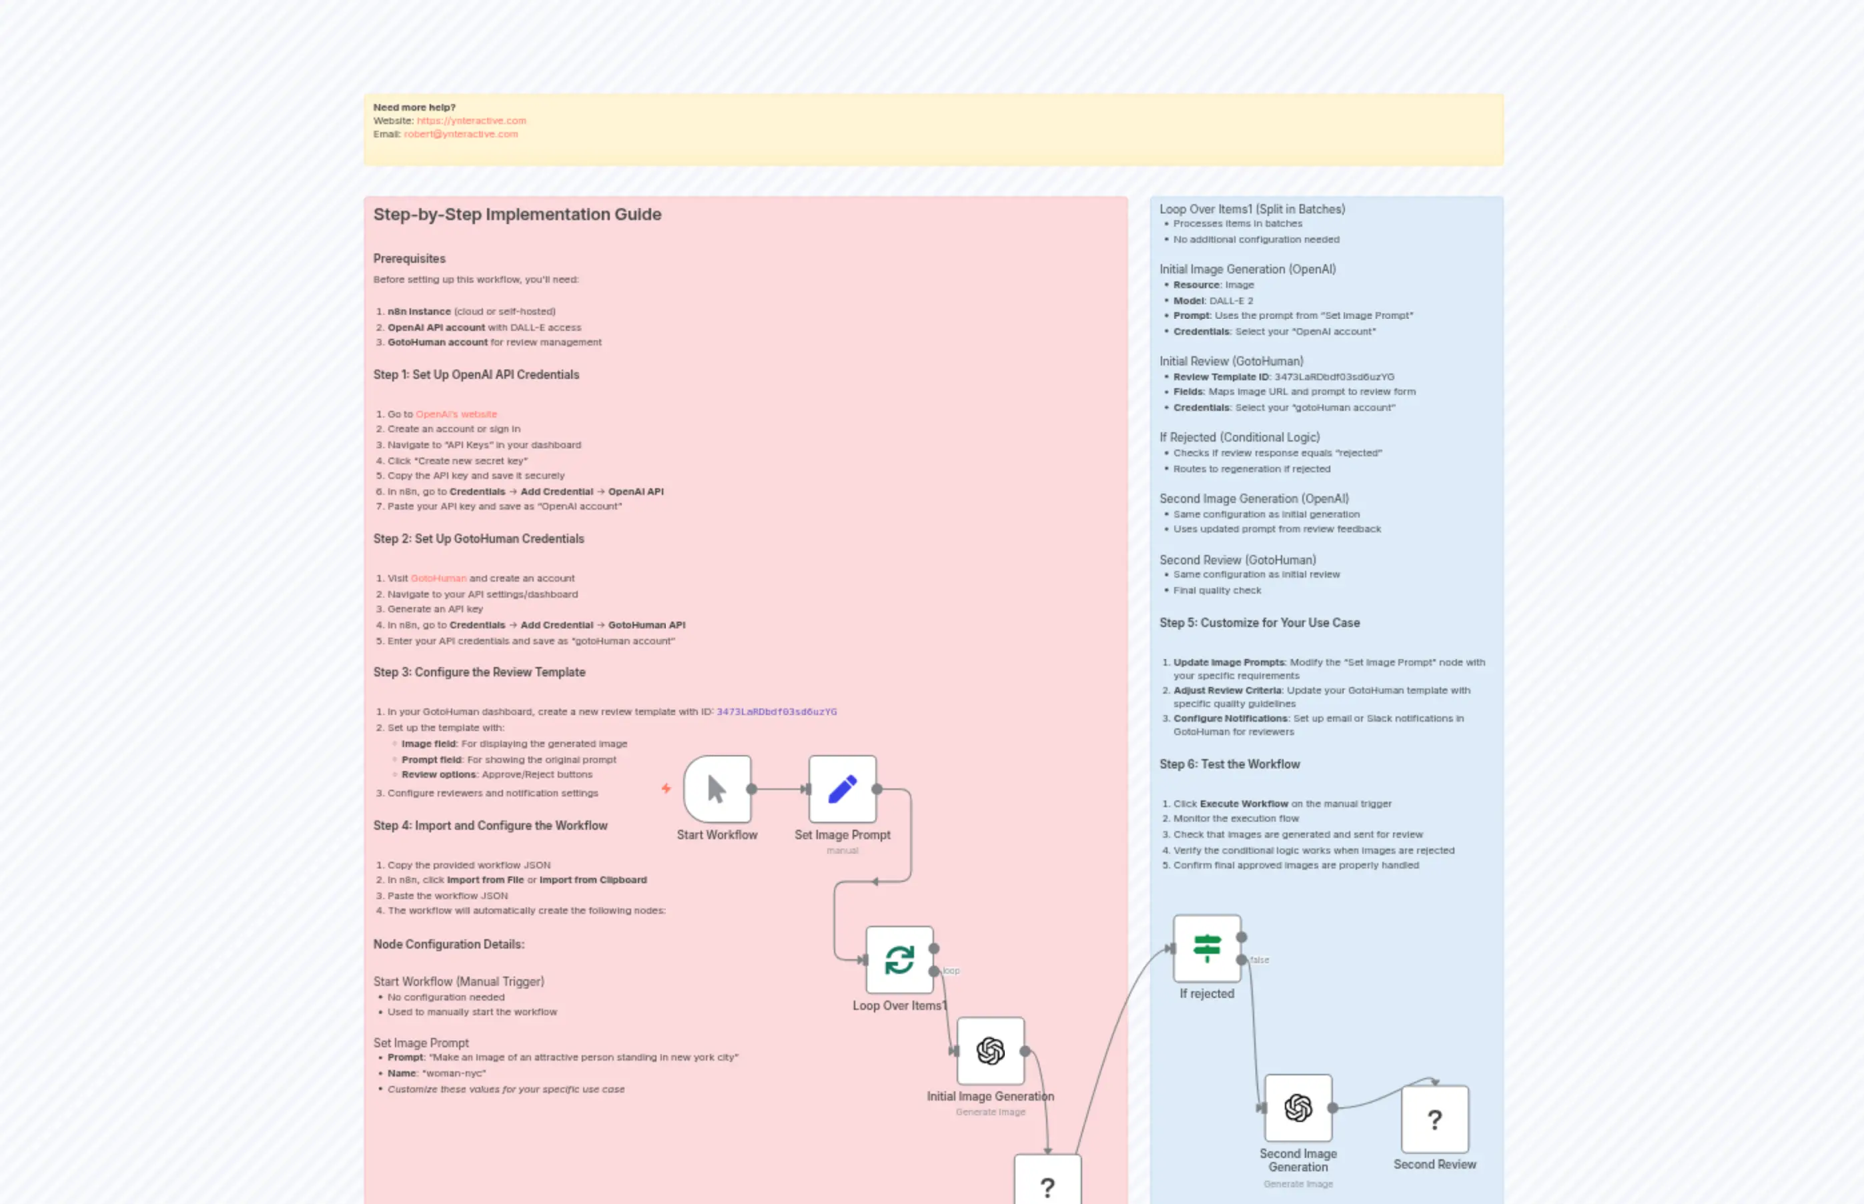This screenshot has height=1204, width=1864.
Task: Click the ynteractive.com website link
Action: tap(471, 120)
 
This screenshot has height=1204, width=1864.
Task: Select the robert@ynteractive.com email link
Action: tap(460, 133)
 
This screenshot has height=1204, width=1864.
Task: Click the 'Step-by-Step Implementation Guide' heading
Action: tap(517, 214)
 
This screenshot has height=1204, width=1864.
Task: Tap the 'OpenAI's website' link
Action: tap(456, 414)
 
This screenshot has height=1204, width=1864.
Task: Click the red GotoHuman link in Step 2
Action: tap(438, 578)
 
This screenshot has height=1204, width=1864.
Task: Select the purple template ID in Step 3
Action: tap(777, 712)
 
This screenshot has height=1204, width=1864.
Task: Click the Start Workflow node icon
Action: tap(717, 789)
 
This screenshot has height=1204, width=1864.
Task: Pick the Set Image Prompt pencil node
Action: tap(842, 789)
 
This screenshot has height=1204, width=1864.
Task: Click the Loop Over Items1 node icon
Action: tap(899, 959)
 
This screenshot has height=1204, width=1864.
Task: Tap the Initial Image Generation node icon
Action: tap(990, 1051)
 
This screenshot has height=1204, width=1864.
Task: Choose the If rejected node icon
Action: tap(1206, 949)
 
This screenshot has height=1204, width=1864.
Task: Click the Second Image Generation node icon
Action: tap(1298, 1108)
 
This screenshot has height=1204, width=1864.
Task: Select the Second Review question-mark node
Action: tap(1435, 1119)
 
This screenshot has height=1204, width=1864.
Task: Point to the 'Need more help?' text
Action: tap(414, 107)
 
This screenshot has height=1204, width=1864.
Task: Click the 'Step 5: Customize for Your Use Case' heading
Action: tap(1259, 622)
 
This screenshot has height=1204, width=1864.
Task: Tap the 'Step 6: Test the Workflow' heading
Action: tap(1229, 764)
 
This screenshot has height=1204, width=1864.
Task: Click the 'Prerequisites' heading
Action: tap(409, 258)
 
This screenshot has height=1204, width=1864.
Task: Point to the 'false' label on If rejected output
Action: tap(1260, 959)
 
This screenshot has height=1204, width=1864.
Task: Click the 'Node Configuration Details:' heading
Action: tap(448, 944)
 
